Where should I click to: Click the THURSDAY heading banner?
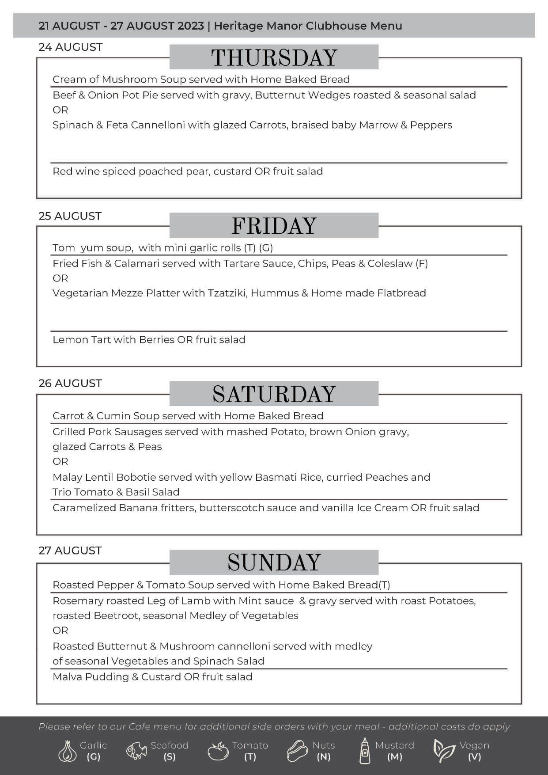pos(274,57)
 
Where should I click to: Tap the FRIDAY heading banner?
pos(274,225)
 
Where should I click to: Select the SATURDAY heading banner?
pos(274,394)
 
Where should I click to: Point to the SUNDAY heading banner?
pos(274,562)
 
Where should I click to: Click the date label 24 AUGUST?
pos(71,47)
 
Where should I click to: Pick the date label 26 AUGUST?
pos(70,383)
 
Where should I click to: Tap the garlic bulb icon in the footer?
pos(67,751)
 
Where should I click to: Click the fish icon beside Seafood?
pos(136,751)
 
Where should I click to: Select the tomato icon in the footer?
pos(218,751)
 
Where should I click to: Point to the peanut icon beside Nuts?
pos(297,751)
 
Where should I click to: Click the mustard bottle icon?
pos(364,751)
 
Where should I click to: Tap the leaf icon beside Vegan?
pos(443,751)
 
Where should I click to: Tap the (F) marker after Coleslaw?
pos(422,263)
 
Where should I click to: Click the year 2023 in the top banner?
pos(191,26)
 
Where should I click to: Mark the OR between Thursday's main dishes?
pos(60,110)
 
